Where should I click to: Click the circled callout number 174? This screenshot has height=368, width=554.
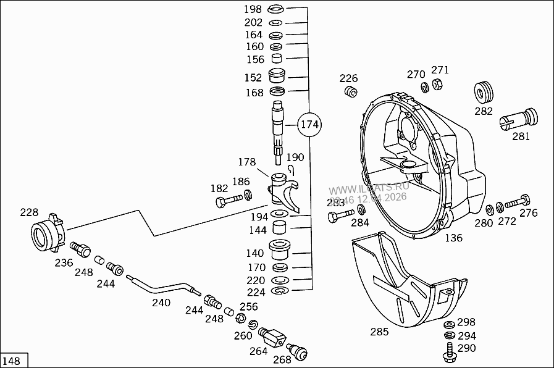point(309,125)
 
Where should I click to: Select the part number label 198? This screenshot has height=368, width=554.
point(253,9)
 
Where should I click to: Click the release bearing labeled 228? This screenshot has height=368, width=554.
point(47,234)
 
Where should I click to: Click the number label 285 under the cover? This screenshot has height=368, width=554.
point(379,332)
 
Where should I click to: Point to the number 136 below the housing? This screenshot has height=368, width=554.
point(453,238)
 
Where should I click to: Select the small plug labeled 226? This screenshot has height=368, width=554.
point(351,93)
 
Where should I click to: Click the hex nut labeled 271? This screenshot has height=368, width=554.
point(435,84)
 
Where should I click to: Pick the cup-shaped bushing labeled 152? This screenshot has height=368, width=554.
point(278,77)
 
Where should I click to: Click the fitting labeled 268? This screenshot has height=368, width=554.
point(300,352)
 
